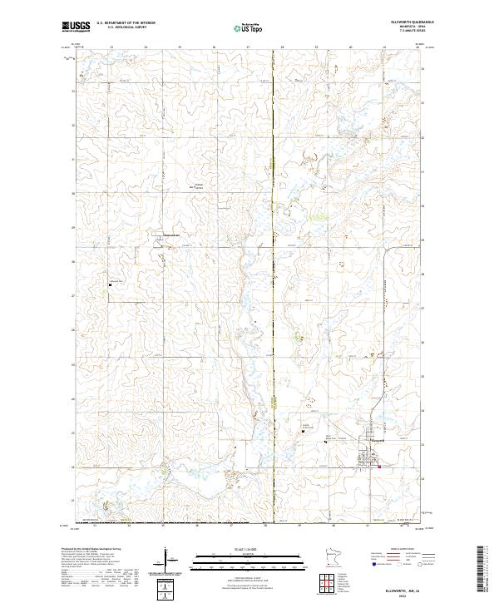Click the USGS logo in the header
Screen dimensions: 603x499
(76, 27)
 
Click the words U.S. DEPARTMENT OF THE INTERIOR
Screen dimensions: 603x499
(125, 24)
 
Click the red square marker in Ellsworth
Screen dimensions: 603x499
(379, 467)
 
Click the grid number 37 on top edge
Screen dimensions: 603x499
(248, 47)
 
